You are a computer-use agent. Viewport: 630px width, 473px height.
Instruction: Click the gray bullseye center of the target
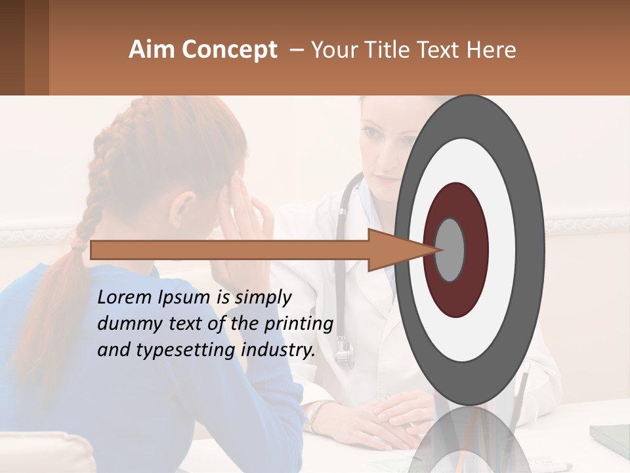coord(450,250)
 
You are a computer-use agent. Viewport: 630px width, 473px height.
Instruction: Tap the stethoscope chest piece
coord(344,356)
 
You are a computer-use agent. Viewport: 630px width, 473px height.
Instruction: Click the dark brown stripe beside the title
coord(12,47)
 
